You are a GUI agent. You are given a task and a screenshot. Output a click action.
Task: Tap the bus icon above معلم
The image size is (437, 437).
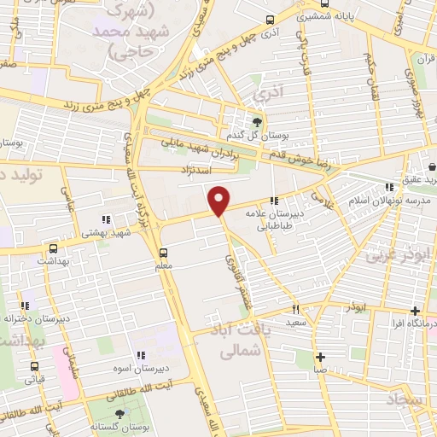click(x=163, y=252)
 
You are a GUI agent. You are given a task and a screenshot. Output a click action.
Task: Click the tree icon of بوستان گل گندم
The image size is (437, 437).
click(x=259, y=123)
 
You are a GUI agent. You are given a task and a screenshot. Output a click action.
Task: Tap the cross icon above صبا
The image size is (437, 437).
click(x=320, y=358)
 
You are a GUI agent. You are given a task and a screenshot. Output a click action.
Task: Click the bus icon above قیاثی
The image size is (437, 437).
click(x=37, y=364)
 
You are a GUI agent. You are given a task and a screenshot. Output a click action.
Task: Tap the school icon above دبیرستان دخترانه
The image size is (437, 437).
click(x=26, y=306)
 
